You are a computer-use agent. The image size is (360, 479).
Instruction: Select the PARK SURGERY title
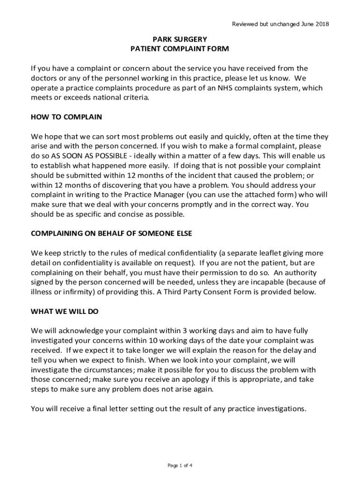click(x=180, y=39)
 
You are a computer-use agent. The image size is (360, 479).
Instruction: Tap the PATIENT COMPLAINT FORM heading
click(x=180, y=49)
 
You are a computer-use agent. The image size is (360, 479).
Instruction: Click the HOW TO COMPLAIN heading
click(x=66, y=117)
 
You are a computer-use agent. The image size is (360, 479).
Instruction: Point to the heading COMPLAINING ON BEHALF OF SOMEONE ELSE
click(x=111, y=233)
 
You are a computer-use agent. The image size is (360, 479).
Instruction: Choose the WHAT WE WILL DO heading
click(x=65, y=311)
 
